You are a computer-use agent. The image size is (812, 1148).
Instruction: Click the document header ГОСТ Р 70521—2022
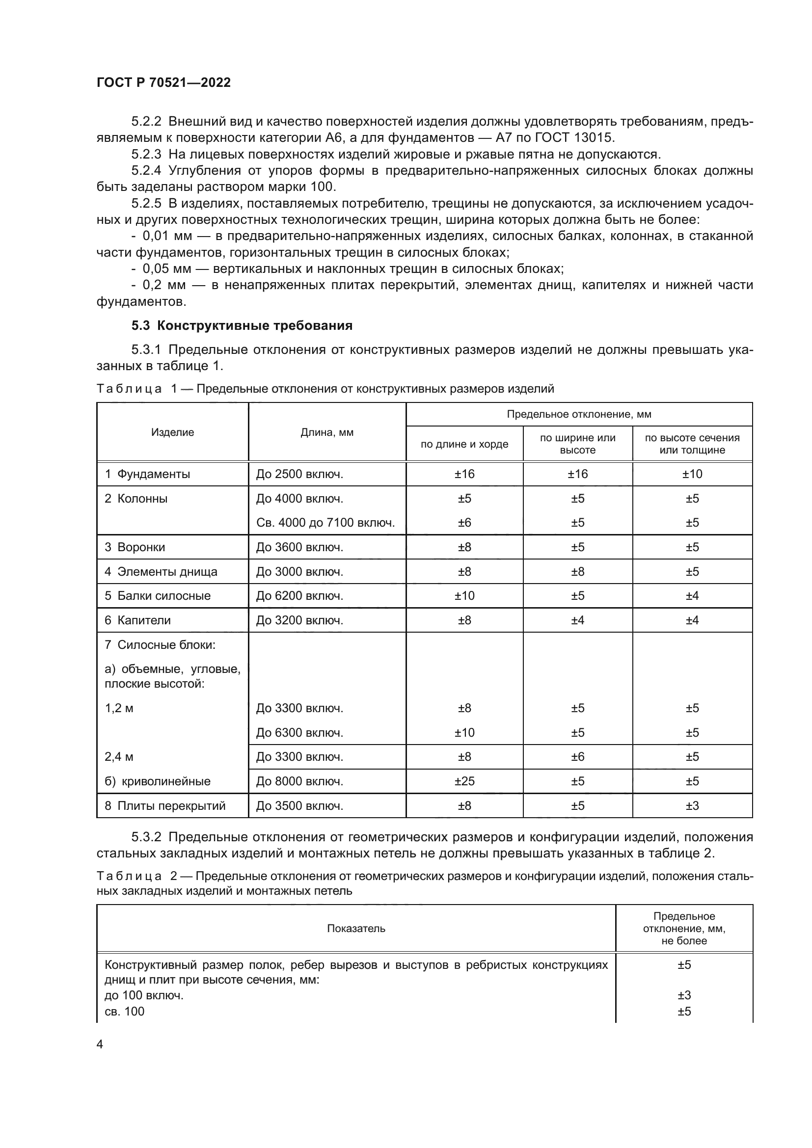click(x=163, y=82)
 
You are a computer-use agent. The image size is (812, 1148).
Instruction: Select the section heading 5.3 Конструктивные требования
click(x=242, y=325)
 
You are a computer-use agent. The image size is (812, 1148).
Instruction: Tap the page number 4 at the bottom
click(x=100, y=1044)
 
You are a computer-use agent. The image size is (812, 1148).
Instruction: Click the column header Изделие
click(x=172, y=432)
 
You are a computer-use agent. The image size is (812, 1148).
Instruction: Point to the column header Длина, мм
click(x=327, y=432)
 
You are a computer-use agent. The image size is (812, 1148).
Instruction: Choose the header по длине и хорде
click(x=464, y=444)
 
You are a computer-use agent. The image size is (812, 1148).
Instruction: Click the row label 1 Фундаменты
click(x=147, y=474)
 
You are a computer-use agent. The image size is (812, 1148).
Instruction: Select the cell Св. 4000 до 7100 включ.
click(x=325, y=523)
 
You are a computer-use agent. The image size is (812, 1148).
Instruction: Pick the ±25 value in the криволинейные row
click(x=464, y=781)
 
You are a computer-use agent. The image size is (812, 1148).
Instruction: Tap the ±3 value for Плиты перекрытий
click(x=692, y=805)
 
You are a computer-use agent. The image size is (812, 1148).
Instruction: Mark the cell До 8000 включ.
click(x=299, y=781)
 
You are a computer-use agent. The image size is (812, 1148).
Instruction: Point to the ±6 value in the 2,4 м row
click(x=577, y=756)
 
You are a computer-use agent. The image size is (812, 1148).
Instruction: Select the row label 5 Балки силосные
click(x=158, y=595)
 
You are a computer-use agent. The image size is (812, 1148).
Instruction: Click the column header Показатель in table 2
click(x=356, y=929)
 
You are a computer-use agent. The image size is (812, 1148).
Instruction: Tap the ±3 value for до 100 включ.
click(x=684, y=995)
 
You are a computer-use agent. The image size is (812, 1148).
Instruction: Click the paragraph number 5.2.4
click(x=146, y=170)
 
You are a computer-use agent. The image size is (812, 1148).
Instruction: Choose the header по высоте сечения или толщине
click(x=692, y=444)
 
